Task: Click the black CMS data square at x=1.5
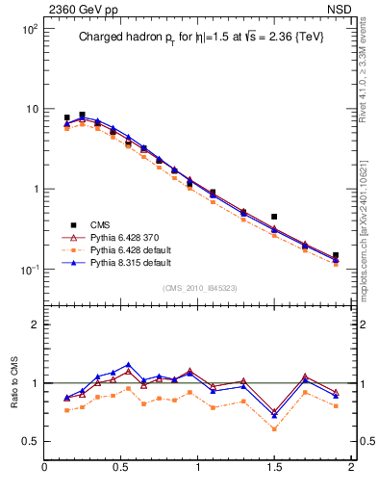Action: point(274,217)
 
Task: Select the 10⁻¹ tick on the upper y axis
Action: point(29,270)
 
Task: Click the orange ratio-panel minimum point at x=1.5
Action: point(274,428)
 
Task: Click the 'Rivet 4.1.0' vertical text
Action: point(365,72)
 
